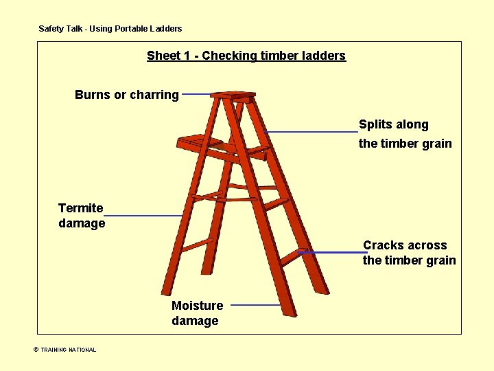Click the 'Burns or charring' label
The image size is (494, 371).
[x=127, y=95]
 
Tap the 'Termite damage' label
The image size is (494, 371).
[x=82, y=216]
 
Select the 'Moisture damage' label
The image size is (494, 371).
[x=197, y=313]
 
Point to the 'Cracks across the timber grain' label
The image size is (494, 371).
[x=409, y=253]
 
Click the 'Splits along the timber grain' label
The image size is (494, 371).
[x=405, y=134]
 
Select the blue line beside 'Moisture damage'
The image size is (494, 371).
[x=252, y=305]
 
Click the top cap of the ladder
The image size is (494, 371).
[x=233, y=95]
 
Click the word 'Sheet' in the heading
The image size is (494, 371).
[x=163, y=56]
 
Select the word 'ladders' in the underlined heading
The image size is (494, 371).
[x=323, y=56]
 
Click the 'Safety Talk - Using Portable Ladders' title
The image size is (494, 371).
[x=110, y=29]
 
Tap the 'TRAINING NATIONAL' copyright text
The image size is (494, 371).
[x=69, y=350]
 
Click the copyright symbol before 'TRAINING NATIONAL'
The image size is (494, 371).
[x=36, y=350]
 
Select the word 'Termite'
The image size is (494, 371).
[x=81, y=208]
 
